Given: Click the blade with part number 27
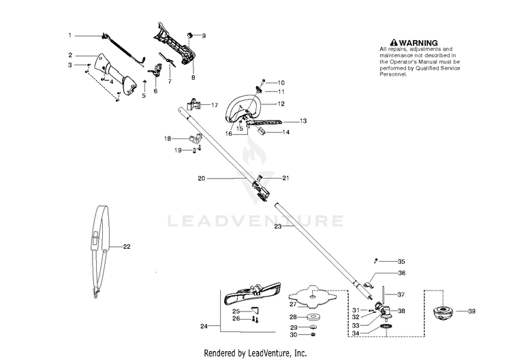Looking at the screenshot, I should tap(313, 295).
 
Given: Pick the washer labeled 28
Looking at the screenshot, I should tap(313, 317).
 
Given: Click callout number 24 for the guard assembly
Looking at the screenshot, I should tap(203, 327).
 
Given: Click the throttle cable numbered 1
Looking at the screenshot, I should tap(123, 44).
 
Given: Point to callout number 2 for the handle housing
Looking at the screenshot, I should tap(69, 55).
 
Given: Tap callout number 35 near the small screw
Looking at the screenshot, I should tap(401, 261).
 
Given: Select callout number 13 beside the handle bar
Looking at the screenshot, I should tap(303, 121).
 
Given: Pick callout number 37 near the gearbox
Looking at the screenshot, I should tap(401, 295).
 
